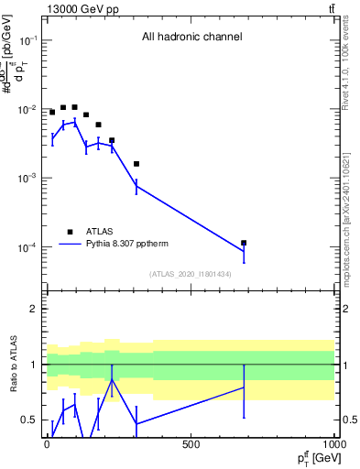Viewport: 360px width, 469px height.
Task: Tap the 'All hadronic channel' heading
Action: tap(191, 38)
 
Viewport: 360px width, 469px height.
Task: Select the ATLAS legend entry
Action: tap(101, 232)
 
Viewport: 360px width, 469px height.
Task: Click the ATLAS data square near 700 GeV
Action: tap(244, 243)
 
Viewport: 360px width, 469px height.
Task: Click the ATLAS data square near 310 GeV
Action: tap(136, 164)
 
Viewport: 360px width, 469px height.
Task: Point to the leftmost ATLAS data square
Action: tap(52, 112)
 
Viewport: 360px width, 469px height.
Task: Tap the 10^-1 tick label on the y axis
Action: tap(27, 41)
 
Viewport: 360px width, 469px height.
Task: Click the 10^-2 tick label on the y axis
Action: tap(27, 110)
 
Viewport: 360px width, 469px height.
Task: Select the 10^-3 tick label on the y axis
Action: tap(27, 179)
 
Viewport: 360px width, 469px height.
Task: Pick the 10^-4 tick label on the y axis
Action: tap(27, 248)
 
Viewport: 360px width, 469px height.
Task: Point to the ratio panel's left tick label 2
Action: tap(34, 309)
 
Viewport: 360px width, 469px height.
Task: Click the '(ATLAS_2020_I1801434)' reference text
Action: tap(191, 274)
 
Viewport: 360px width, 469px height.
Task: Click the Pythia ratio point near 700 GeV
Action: tap(244, 387)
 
